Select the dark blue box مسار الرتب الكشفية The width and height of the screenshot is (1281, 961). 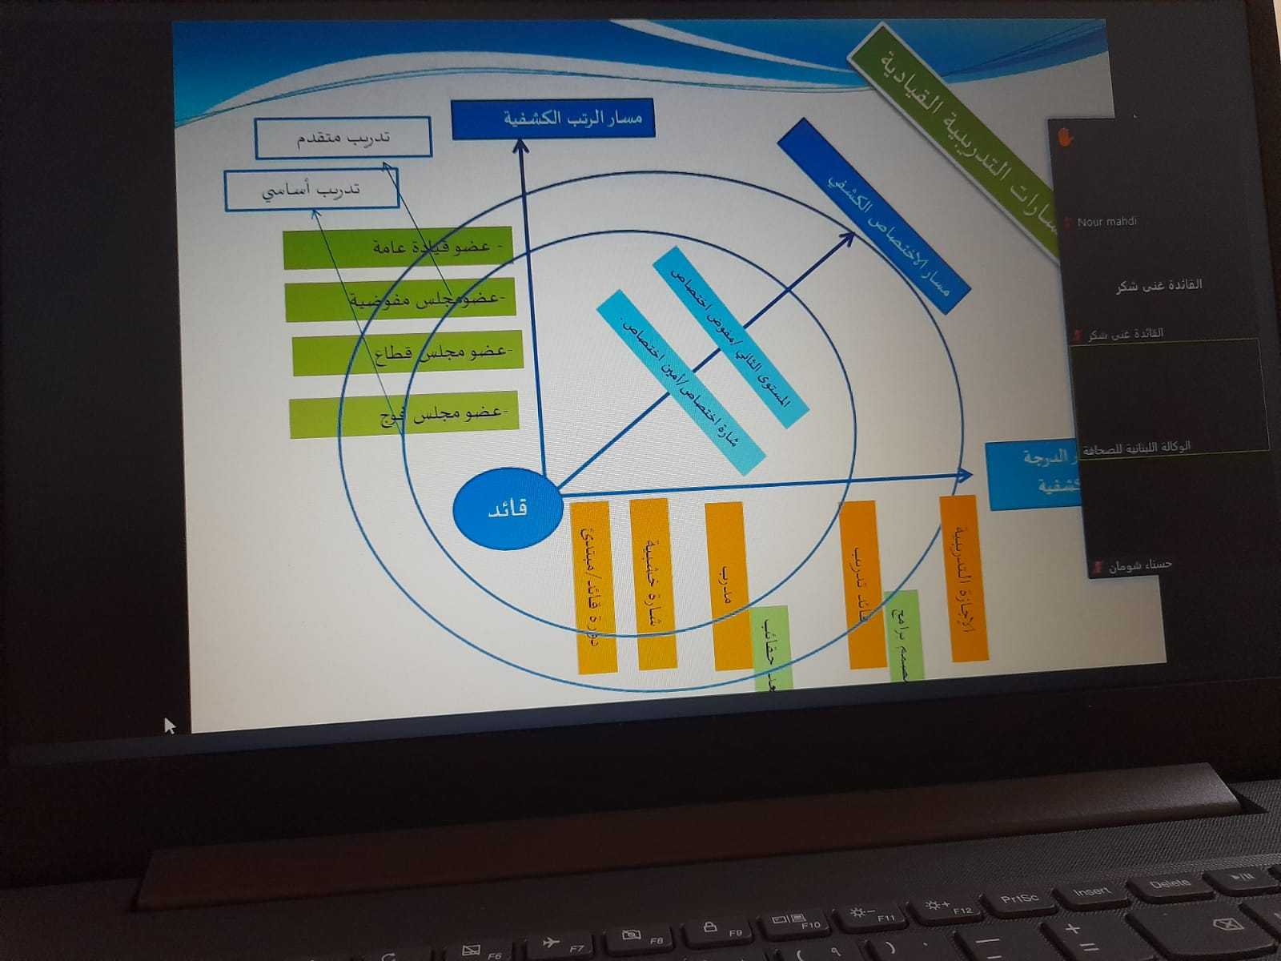[552, 119]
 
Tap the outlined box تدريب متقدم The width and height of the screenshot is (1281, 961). [343, 138]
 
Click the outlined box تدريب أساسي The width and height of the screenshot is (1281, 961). [311, 191]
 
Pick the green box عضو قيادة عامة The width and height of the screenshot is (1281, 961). [398, 248]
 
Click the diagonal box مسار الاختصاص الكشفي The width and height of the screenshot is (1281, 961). [873, 207]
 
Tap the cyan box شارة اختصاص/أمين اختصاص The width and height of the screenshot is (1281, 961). [681, 384]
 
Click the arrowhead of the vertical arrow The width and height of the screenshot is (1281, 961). [521, 145]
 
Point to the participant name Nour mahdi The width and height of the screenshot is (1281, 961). [1106, 222]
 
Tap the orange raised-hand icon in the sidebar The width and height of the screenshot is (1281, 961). [1065, 137]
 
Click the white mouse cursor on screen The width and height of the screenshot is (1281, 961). [169, 725]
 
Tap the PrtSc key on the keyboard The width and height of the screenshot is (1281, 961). [1019, 899]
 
